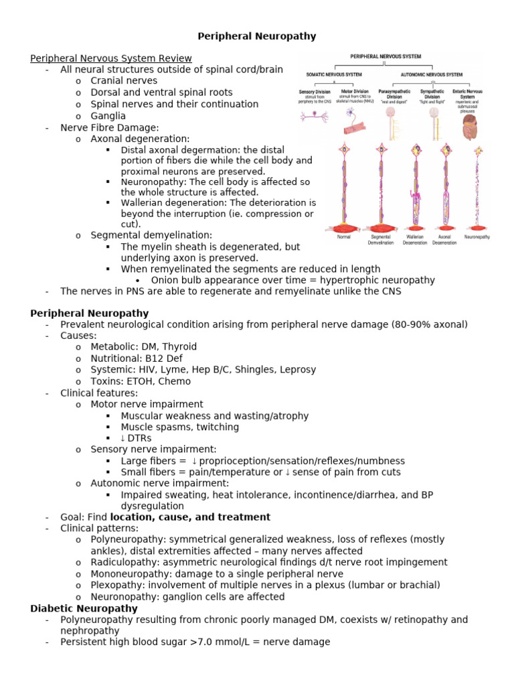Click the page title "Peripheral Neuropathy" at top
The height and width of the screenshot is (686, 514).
point(256,36)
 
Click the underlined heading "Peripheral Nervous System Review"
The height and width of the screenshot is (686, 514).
point(111,58)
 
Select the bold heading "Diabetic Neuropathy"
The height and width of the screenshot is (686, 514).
point(84,608)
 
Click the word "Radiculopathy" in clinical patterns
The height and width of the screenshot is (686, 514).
point(122,562)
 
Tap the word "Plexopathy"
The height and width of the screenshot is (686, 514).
point(116,585)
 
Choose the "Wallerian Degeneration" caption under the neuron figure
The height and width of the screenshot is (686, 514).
point(414,239)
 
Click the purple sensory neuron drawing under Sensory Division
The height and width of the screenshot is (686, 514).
point(313,116)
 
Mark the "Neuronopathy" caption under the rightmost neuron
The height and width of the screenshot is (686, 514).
point(477,236)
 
